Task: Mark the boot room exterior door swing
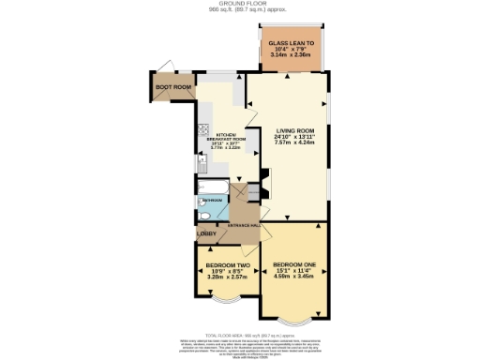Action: pos(165,67)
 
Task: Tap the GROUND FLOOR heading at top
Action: pos(240,4)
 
